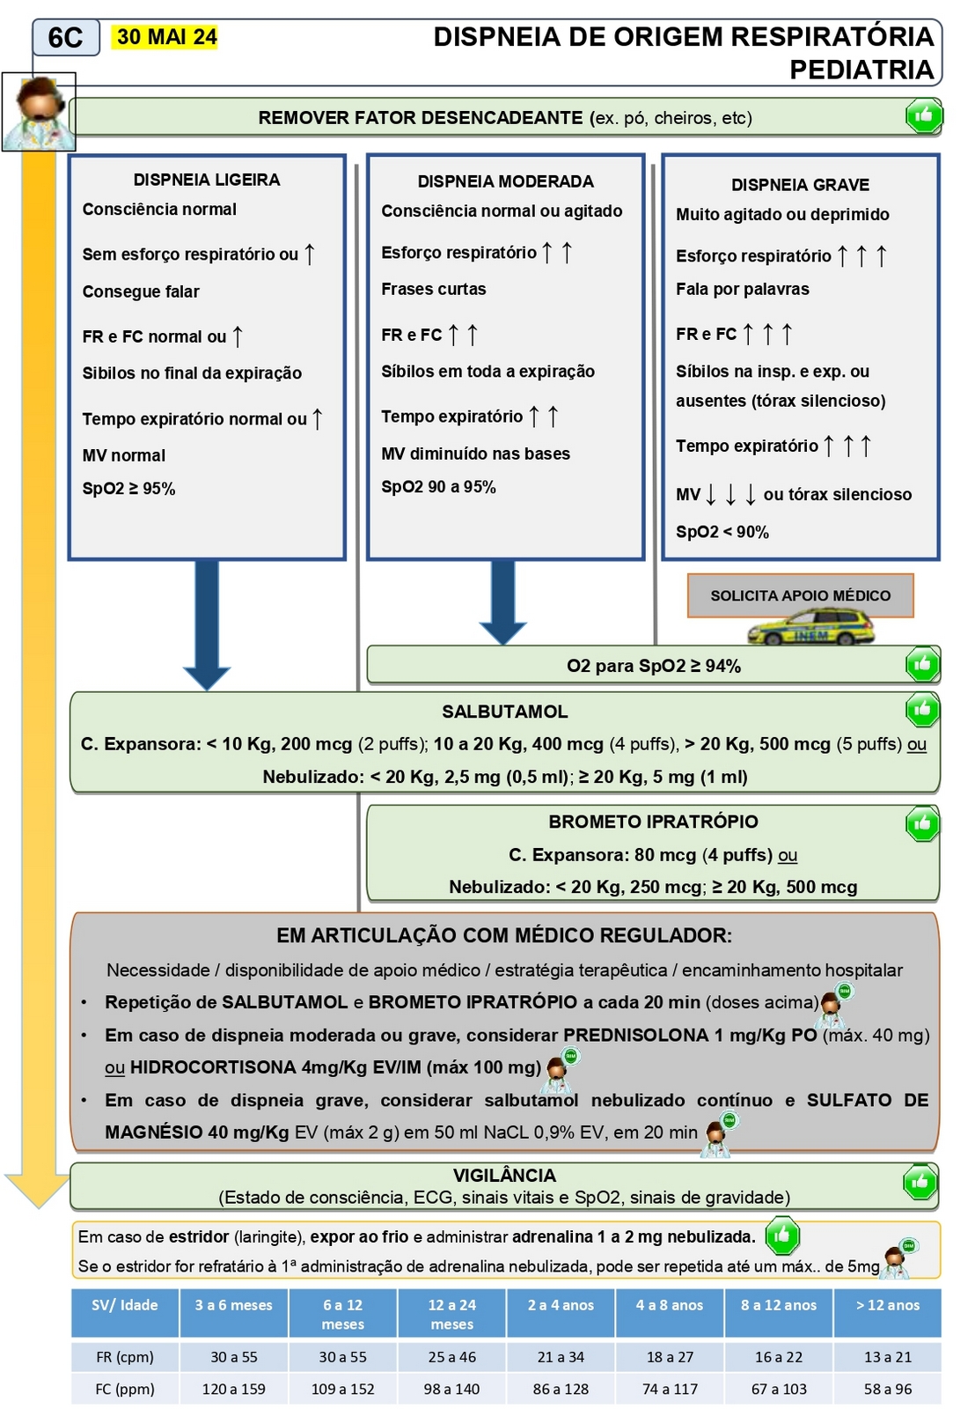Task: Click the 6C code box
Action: pos(65,38)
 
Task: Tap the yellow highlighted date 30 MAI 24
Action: pos(166,37)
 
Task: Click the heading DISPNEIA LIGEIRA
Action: pos(207,180)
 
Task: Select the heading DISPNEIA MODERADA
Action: pos(505,181)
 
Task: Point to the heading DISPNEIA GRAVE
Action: pos(800,185)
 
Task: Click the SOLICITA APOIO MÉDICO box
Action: pos(800,595)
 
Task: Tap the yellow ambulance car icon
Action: pos(810,629)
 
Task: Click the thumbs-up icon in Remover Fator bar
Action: pos(923,115)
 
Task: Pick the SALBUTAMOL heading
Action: pos(504,712)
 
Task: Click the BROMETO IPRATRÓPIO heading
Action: pos(653,822)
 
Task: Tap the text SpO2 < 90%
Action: pos(722,532)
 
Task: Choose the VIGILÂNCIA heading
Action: pos(504,1176)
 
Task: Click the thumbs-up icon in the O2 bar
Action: pos(922,665)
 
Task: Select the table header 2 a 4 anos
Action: pos(561,1305)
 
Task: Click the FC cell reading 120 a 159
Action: pos(233,1389)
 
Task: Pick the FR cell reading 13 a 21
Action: pos(887,1357)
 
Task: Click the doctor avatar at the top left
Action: pos(39,112)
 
